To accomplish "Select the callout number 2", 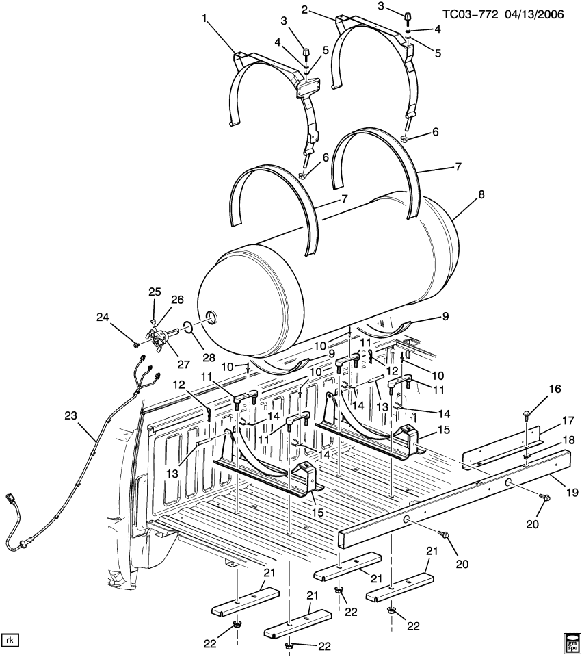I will [x=304, y=9].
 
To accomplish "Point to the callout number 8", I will [x=481, y=195].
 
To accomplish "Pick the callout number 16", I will [x=554, y=389].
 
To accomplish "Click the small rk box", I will [x=10, y=641].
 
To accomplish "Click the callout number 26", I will [x=176, y=299].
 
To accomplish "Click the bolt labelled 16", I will [x=528, y=413].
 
